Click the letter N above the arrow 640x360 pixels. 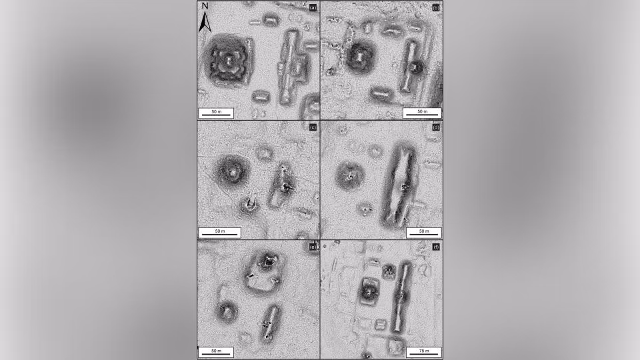(x=205, y=6)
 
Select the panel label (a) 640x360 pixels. (x=313, y=8)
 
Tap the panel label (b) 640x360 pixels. (x=436, y=8)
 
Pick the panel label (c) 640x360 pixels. (x=313, y=127)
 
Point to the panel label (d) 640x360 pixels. (x=436, y=127)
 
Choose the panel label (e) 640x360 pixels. (x=313, y=247)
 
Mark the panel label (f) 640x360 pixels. (x=436, y=247)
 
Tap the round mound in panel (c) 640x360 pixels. (x=232, y=171)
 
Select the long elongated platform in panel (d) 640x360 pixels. (x=399, y=185)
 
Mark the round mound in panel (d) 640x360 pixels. (x=350, y=176)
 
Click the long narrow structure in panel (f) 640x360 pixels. (x=401, y=297)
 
